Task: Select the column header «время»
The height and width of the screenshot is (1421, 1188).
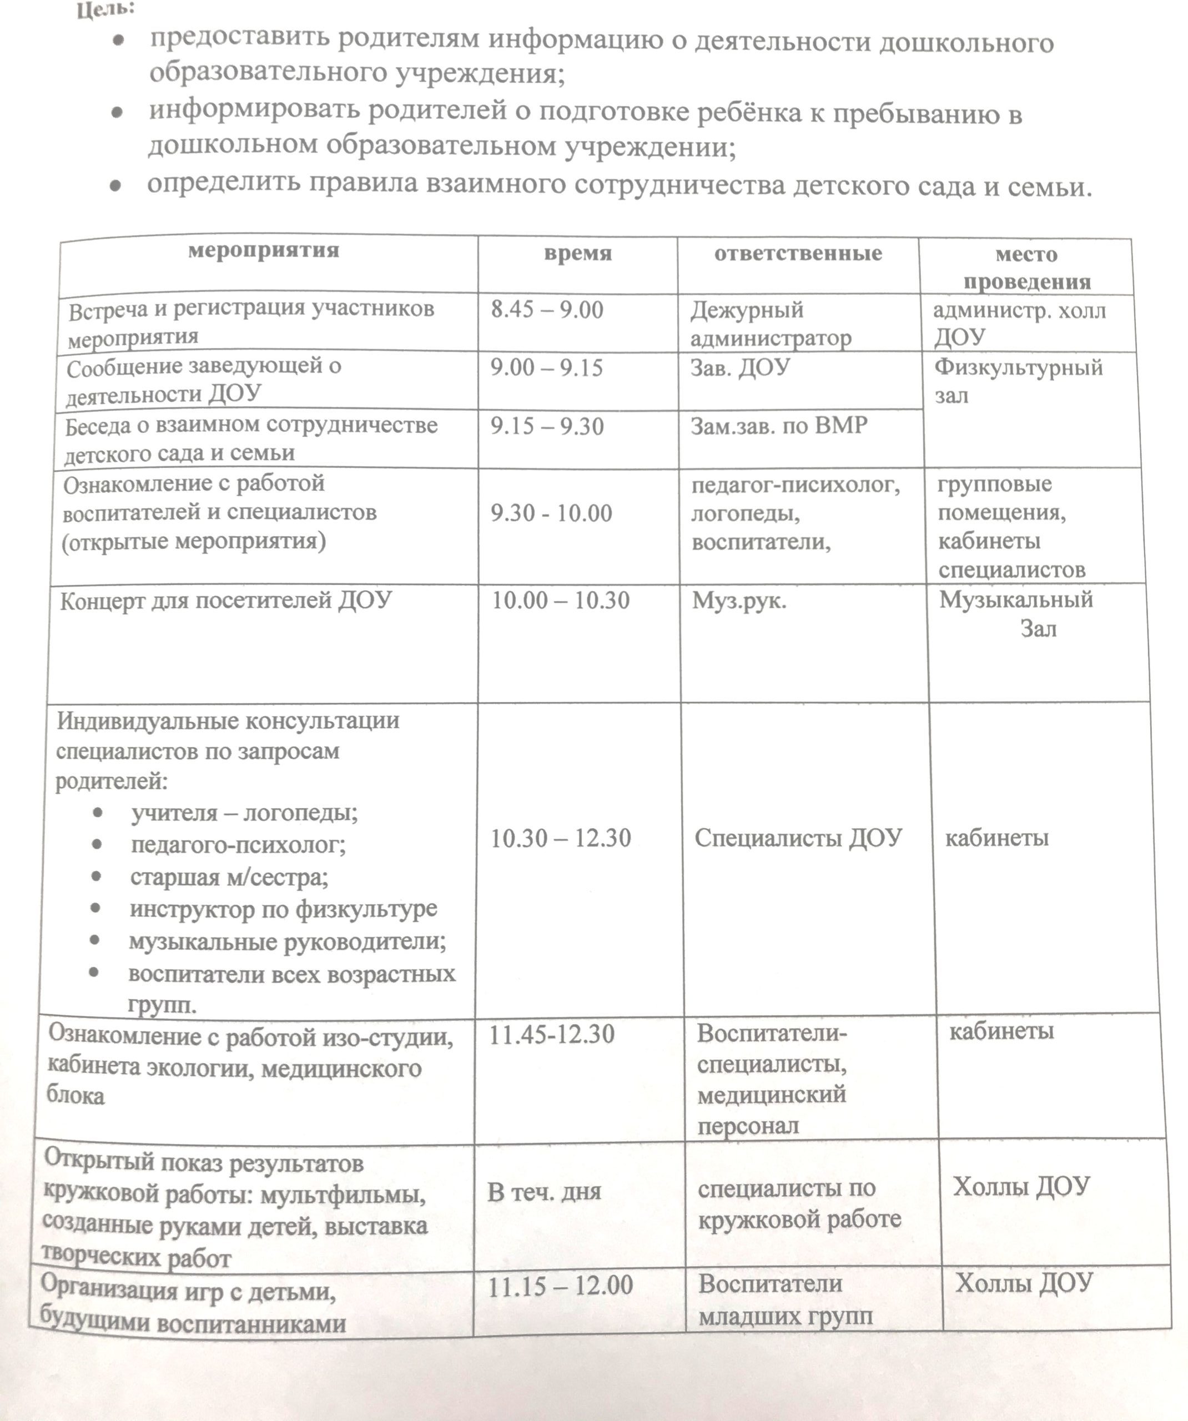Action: click(577, 253)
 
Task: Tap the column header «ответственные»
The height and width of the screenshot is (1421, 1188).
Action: click(798, 254)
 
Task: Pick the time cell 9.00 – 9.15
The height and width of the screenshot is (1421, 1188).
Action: click(546, 368)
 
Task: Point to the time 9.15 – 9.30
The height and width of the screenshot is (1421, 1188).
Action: click(547, 427)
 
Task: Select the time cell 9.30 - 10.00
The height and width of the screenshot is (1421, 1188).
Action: click(551, 513)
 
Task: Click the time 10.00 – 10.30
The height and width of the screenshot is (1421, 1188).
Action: click(561, 600)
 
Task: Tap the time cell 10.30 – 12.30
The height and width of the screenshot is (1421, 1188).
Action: click(561, 838)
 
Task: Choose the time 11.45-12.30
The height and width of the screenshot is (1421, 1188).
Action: click(552, 1035)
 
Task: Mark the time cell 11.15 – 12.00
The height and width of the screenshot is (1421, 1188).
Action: click(561, 1286)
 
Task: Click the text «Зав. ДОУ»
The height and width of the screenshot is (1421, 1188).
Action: click(740, 367)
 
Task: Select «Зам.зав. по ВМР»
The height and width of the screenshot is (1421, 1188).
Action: click(778, 426)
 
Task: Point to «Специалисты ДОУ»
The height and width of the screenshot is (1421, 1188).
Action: click(798, 838)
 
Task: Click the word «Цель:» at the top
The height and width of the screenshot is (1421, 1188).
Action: click(105, 10)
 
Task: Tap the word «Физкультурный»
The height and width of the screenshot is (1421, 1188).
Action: click(1018, 368)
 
